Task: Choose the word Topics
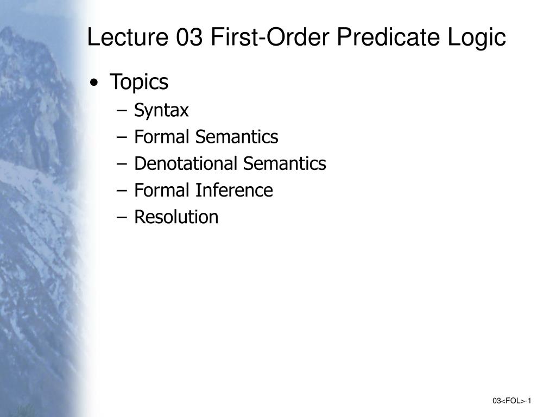coord(139,83)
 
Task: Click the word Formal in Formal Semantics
coord(162,137)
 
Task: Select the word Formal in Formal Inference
coord(162,190)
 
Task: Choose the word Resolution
coord(176,217)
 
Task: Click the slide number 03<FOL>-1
coord(511,401)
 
